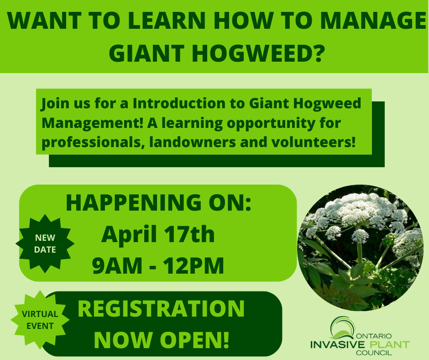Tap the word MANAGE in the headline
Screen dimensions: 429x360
pos(373,20)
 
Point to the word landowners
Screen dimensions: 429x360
pos(193,142)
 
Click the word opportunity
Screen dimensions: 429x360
pos(283,123)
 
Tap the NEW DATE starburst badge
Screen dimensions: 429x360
pos(45,244)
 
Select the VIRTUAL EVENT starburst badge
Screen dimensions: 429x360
pos(40,320)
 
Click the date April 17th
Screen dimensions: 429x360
pos(158,234)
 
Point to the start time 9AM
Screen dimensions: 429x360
pos(117,265)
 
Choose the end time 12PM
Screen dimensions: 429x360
pos(193,265)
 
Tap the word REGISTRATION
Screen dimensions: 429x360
pos(161,309)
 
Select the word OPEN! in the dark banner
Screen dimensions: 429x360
pos(194,340)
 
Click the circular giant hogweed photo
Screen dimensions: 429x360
pos(361,248)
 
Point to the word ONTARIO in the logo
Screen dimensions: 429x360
pos(374,336)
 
